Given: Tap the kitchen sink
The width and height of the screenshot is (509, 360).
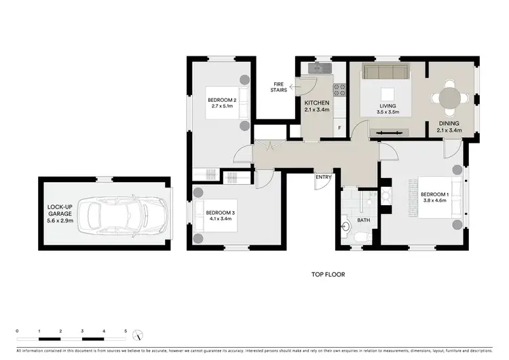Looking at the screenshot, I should (x=318, y=68).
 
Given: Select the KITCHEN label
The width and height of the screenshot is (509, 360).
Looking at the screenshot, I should (x=316, y=103).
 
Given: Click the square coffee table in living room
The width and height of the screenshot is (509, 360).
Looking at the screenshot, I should (x=388, y=94).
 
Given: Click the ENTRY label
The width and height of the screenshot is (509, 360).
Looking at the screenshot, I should (x=323, y=178).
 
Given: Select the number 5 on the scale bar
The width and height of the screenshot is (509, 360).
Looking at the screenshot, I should (x=126, y=331).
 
